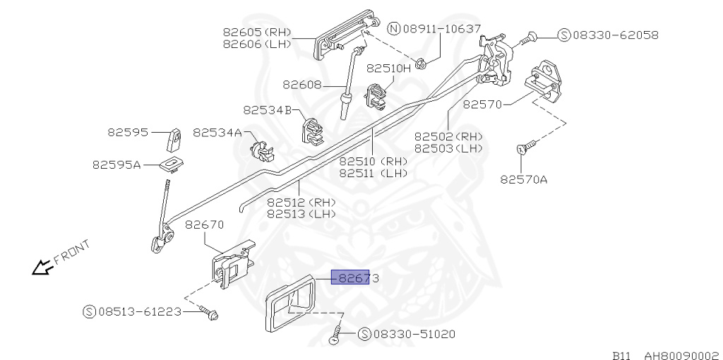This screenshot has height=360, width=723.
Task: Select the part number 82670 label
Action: tap(204, 225)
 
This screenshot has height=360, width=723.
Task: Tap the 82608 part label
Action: tap(302, 84)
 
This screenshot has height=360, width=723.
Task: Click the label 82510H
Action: tap(388, 68)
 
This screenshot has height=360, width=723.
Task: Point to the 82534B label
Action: tap(267, 110)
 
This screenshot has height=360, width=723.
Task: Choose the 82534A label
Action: tap(217, 132)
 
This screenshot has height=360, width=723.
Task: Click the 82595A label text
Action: tap(116, 164)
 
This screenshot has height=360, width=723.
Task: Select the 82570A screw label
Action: tap(524, 179)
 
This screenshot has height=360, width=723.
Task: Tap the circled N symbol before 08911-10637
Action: tap(394, 29)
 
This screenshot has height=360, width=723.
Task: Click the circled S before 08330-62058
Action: tap(563, 35)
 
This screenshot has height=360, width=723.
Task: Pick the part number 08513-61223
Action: tap(139, 311)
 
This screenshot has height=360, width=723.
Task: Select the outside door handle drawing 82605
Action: tap(344, 33)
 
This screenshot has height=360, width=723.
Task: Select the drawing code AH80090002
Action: tap(679, 355)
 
